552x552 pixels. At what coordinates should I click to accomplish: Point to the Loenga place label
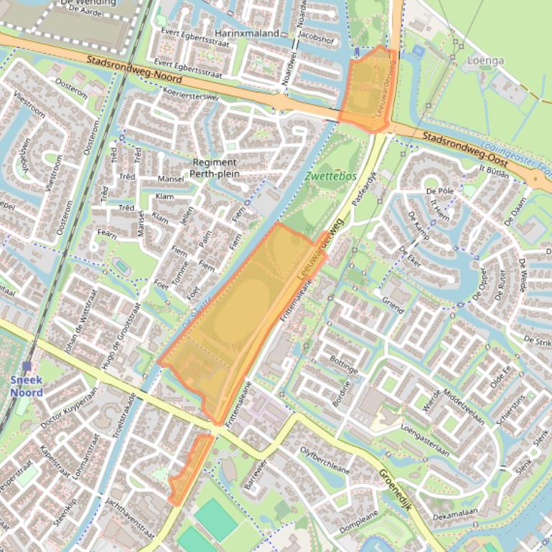point(486,60)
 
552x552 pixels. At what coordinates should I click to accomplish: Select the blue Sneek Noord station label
point(27,386)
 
